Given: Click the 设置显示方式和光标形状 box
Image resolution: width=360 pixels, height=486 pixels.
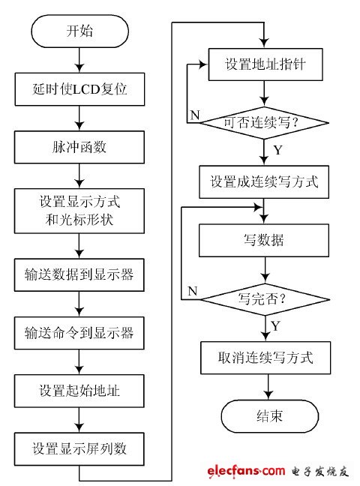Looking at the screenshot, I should [x=79, y=211].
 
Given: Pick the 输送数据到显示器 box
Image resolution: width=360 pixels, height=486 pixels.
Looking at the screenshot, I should [x=79, y=275].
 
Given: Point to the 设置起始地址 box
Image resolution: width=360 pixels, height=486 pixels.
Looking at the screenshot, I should [x=79, y=390].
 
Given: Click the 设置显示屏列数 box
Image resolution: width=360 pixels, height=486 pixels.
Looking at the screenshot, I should [x=79, y=448].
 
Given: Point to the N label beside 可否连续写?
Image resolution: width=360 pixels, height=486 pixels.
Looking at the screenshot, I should [x=193, y=115].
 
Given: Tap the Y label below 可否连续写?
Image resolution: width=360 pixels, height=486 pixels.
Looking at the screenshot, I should [x=278, y=149].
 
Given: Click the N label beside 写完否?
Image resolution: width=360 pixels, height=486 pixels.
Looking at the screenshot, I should [x=192, y=289].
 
